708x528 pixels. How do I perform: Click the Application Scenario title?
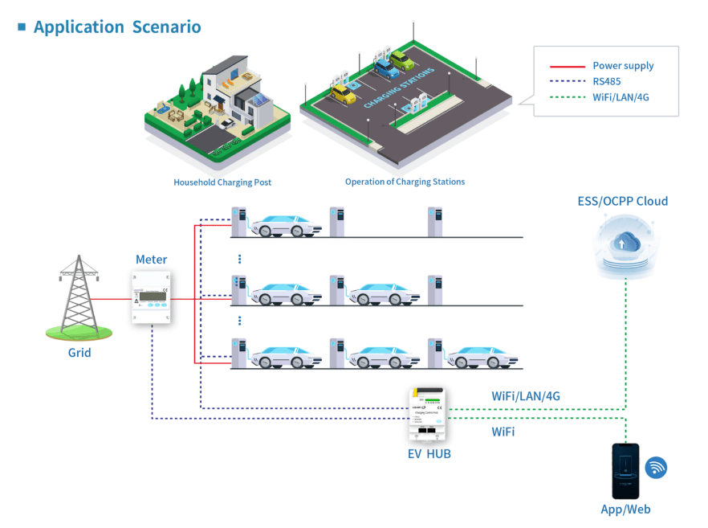pyautogui.click(x=117, y=27)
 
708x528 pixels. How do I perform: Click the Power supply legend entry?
pyautogui.click(x=623, y=66)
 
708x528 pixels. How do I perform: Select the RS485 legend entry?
pyautogui.click(x=606, y=81)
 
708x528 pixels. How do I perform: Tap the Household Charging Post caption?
pyautogui.click(x=222, y=182)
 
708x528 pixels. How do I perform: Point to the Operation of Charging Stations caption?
pyautogui.click(x=405, y=182)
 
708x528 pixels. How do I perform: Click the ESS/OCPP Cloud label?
pyautogui.click(x=622, y=201)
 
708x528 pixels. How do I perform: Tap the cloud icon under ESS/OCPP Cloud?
pyautogui.click(x=624, y=244)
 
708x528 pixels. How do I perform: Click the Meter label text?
pyautogui.click(x=151, y=259)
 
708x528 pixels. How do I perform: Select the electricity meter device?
pyautogui.click(x=151, y=297)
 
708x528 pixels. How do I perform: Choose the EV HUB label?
pyautogui.click(x=429, y=454)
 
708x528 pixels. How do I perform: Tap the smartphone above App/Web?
pyautogui.click(x=625, y=471)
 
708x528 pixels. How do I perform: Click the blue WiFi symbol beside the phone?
pyautogui.click(x=656, y=467)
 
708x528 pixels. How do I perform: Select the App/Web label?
pyautogui.click(x=625, y=509)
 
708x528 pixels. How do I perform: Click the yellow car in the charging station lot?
pyautogui.click(x=343, y=94)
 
